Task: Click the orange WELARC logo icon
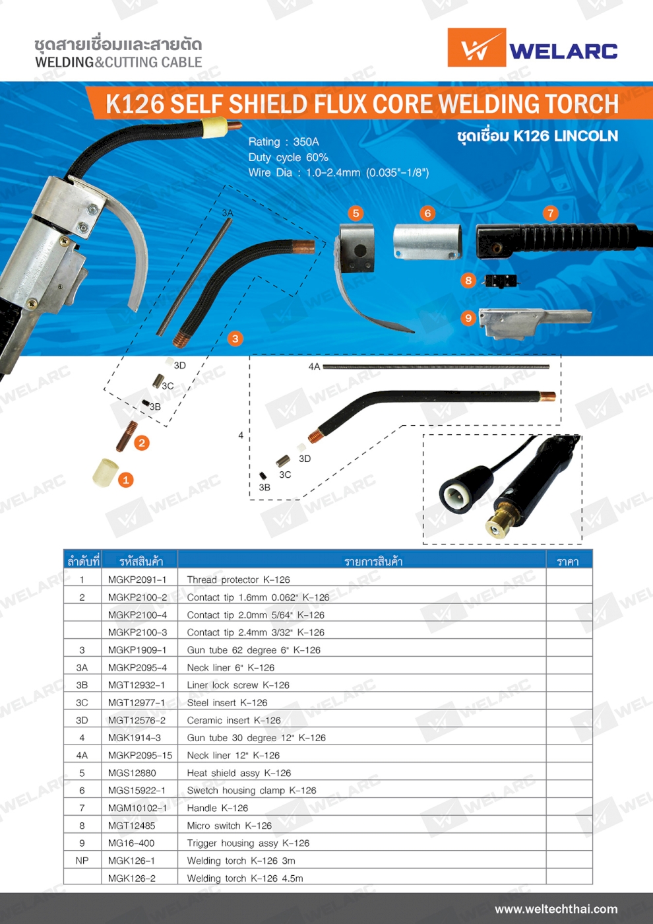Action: tap(476, 48)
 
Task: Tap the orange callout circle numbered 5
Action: tap(356, 213)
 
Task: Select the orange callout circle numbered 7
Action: tap(550, 213)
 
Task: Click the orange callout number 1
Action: tap(126, 480)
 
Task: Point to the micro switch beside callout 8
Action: tap(501, 281)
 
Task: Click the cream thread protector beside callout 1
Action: tap(106, 472)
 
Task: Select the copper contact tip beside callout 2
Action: tap(127, 436)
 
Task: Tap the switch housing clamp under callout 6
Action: tap(427, 242)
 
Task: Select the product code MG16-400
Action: tap(131, 843)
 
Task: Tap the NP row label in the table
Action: tap(82, 861)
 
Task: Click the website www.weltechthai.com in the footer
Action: tap(556, 909)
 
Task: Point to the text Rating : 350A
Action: tap(284, 142)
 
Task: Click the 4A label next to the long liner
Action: tap(314, 366)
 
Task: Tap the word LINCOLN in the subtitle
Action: tap(586, 136)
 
